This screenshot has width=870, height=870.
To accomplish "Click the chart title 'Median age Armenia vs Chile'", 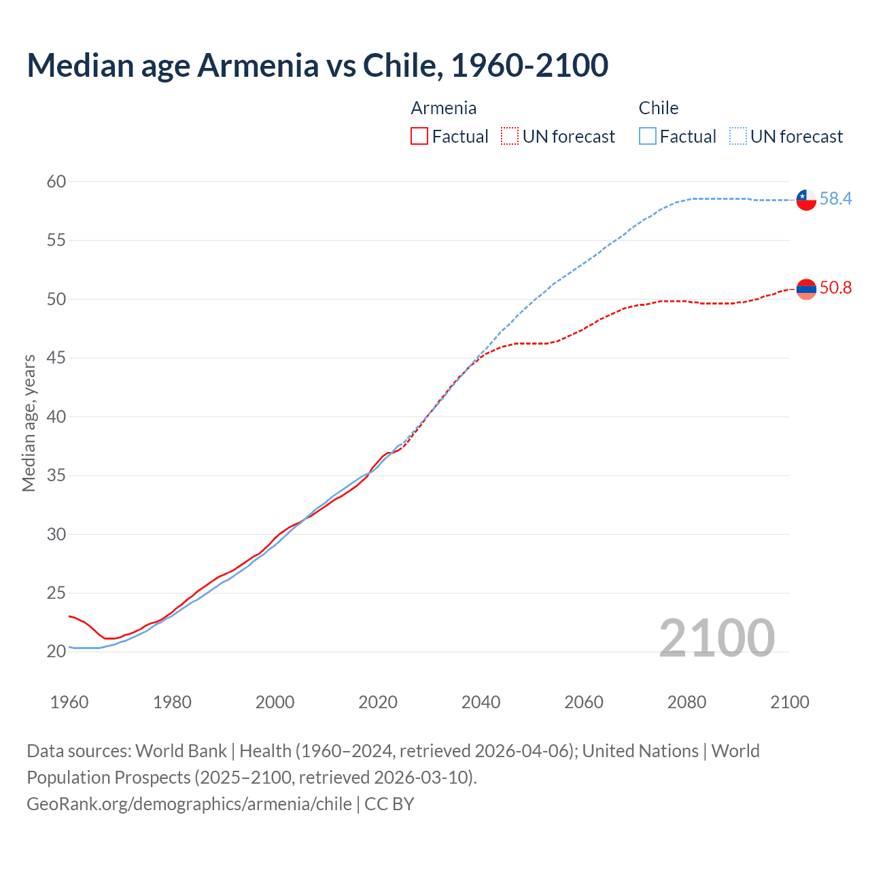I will [317, 65].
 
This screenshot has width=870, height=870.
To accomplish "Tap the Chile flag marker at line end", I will [806, 199].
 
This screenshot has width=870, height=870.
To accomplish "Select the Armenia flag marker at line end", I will [806, 289].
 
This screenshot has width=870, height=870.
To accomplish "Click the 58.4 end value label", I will [835, 198].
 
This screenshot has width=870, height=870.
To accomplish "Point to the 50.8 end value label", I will [835, 288].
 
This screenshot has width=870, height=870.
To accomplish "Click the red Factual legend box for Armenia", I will [419, 137].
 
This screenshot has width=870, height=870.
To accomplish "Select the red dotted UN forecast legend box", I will [510, 137].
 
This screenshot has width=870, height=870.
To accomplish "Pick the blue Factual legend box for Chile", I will [648, 137].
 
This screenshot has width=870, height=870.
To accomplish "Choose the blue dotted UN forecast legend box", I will [738, 137].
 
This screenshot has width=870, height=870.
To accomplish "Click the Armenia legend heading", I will [443, 108].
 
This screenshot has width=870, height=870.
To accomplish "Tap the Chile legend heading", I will [658, 108].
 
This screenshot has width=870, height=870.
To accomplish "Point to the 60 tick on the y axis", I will [56, 181].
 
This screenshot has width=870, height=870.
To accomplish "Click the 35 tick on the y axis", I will [56, 475].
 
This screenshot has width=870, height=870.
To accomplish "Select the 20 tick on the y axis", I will [56, 651].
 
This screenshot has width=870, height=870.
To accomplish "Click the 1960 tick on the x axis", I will [69, 702].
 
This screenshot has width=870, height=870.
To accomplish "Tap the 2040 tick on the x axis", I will [481, 702].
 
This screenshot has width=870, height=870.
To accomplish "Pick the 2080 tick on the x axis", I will [686, 702].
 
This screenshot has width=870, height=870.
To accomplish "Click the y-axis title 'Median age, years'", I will [29, 423].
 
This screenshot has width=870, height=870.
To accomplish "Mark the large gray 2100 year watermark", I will [716, 638].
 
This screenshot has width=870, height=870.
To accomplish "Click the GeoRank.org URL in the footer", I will [189, 803].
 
